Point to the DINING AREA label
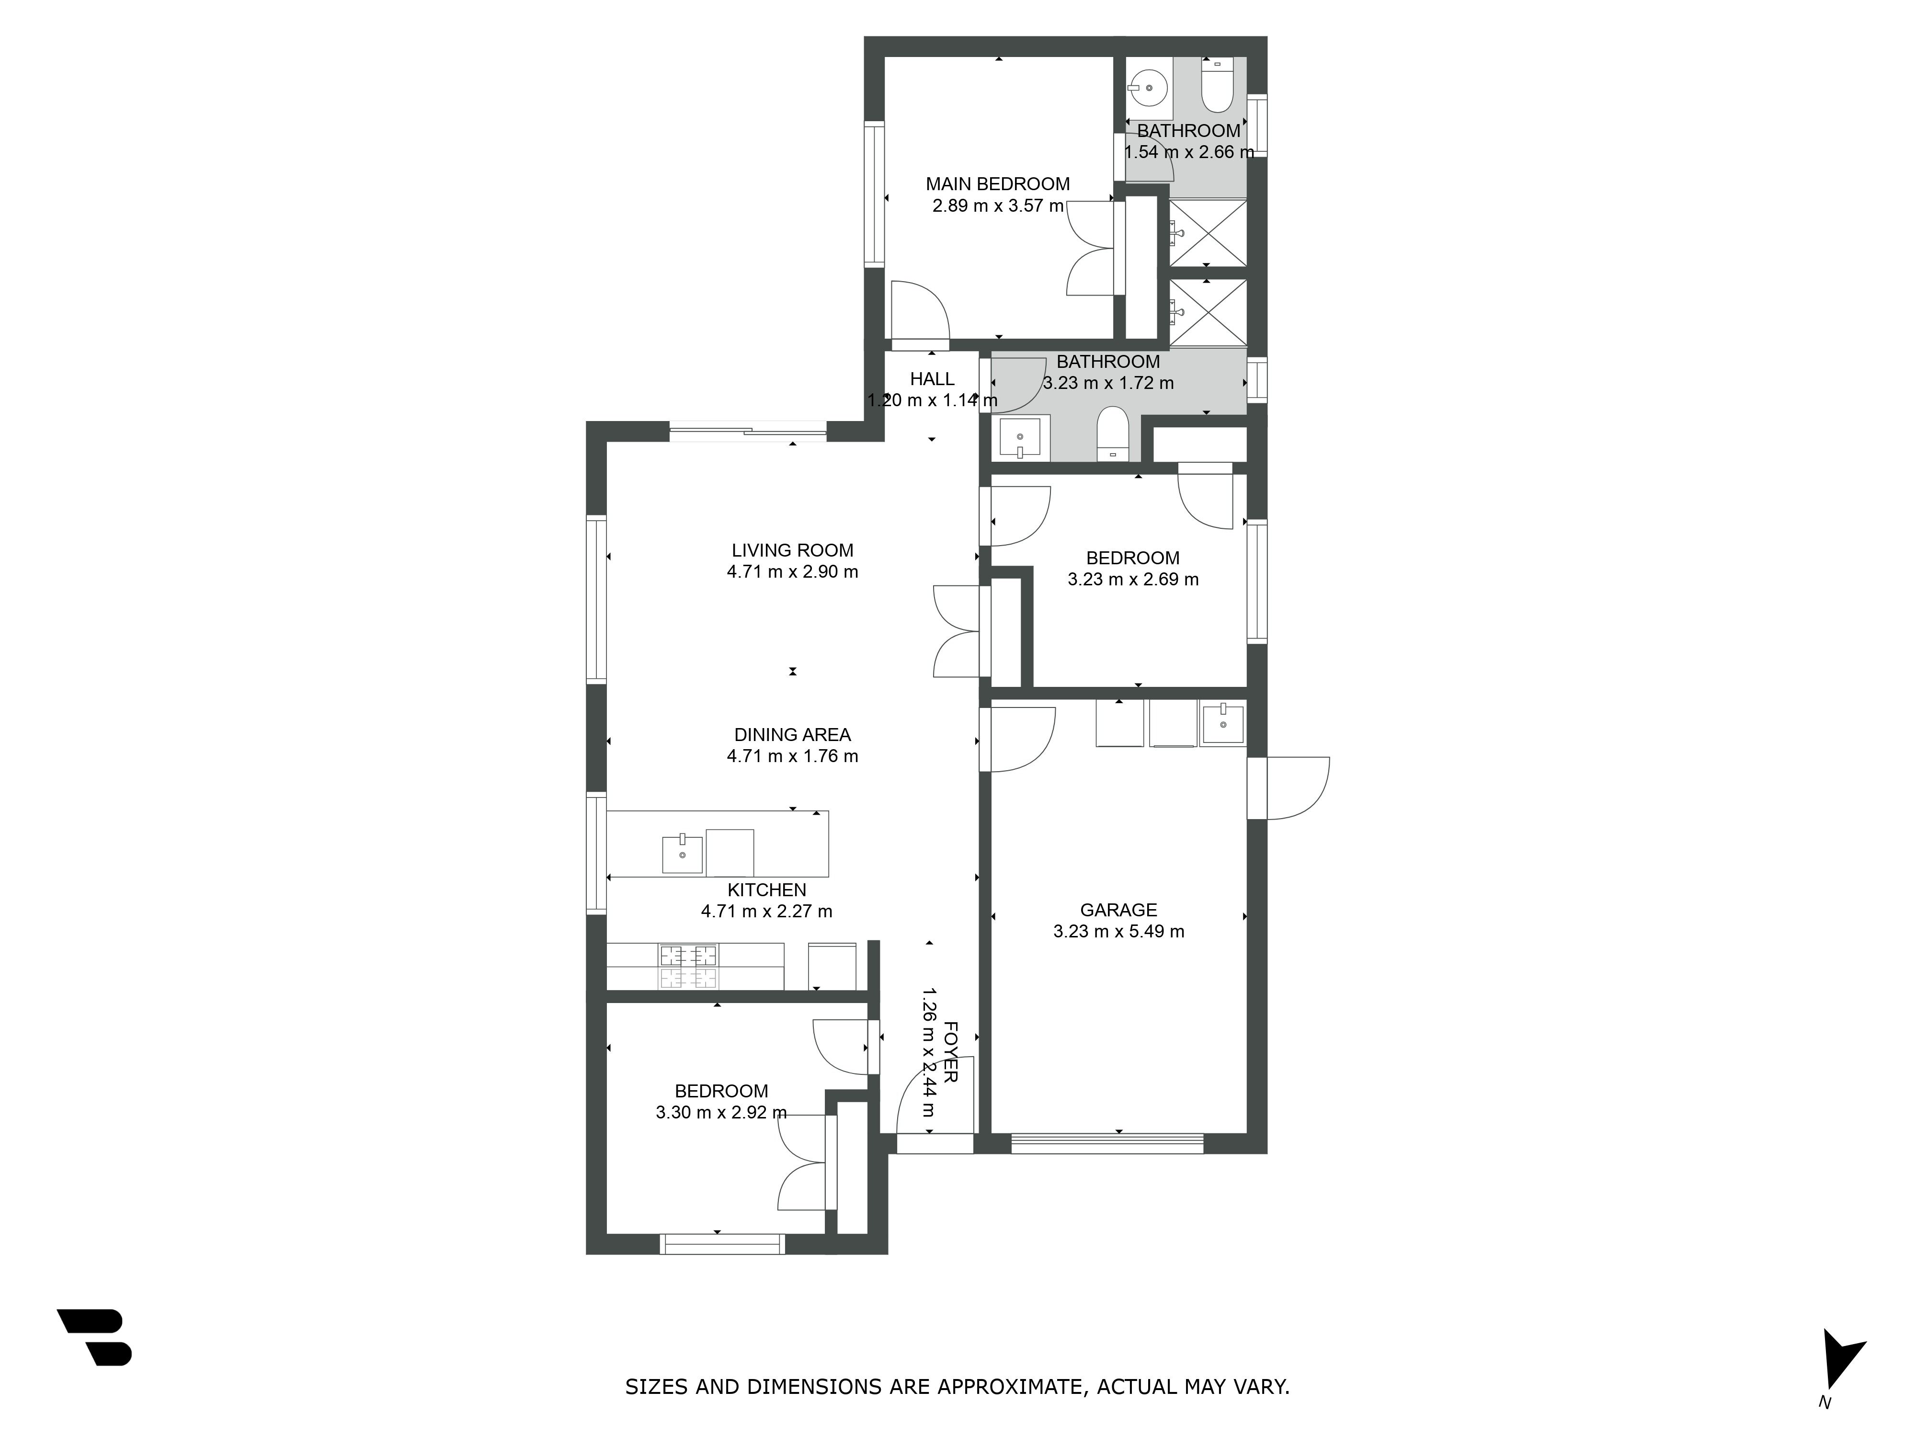point(793,734)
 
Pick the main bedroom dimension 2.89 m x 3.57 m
point(998,206)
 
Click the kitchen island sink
point(683,854)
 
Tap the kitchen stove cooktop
point(689,967)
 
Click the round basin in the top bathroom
point(1149,88)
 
